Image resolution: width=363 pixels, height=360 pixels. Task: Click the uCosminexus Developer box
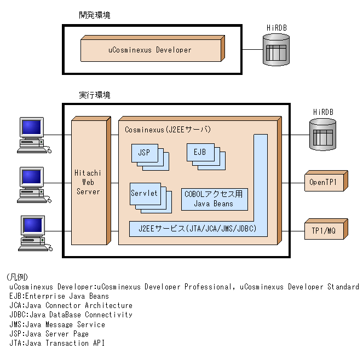coord(150,50)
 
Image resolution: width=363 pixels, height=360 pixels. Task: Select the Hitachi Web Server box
coord(88,182)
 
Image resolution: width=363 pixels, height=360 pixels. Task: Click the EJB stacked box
coord(200,152)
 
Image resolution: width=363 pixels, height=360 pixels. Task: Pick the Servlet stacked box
coord(144,193)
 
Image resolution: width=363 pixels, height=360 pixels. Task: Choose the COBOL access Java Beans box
coord(214,199)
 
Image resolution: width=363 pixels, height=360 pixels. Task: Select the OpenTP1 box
coord(323,182)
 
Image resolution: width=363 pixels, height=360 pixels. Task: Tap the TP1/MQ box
coord(323,230)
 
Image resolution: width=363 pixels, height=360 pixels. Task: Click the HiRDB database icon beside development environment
coord(276,50)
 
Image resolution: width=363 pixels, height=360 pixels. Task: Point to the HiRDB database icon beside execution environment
coord(322,135)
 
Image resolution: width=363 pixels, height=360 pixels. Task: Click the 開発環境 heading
coord(94,15)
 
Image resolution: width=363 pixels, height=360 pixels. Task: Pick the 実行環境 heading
coord(94,95)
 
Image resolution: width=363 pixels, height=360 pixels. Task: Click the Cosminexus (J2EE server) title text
coord(168,130)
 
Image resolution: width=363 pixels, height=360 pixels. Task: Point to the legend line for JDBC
coord(71,315)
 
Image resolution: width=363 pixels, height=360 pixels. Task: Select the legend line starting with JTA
coord(56,344)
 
